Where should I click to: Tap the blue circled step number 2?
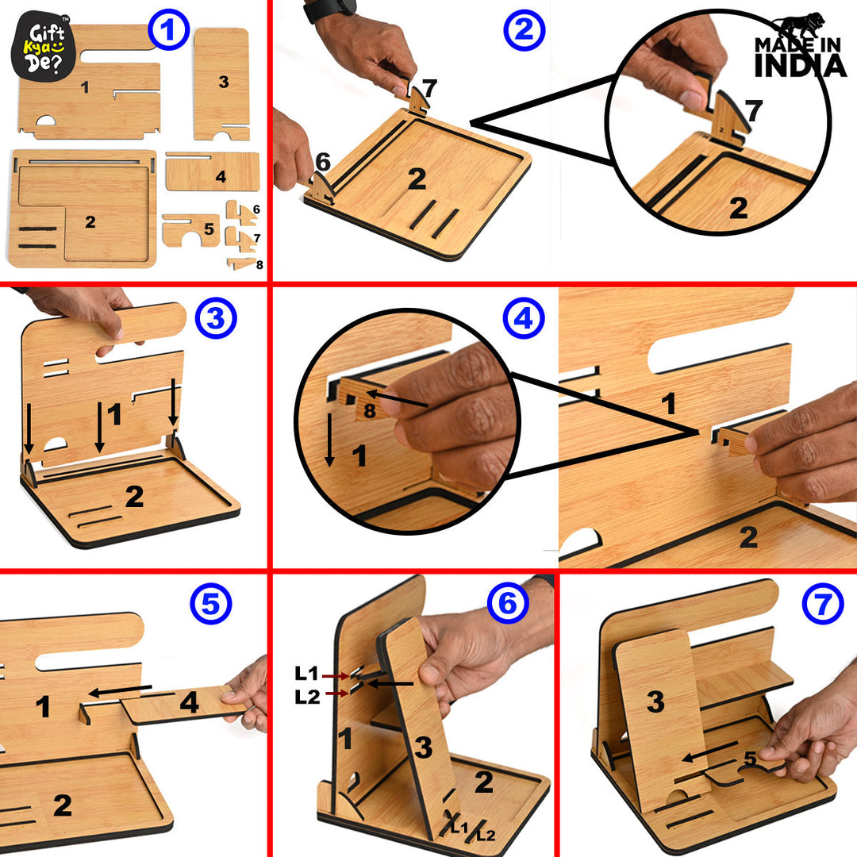coord(524,31)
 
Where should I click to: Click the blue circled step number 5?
coord(210,605)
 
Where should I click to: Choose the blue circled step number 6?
coord(508,605)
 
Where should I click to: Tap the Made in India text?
coord(800,57)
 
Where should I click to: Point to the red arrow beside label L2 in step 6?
coord(336,694)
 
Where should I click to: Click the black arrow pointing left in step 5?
coord(119,690)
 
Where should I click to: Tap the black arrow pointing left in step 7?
coord(713,751)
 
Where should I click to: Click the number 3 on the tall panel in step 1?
coord(223,82)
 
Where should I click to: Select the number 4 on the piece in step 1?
coord(221,176)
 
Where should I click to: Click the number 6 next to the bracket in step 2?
coord(322,162)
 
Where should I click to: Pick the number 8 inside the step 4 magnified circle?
coord(369,410)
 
